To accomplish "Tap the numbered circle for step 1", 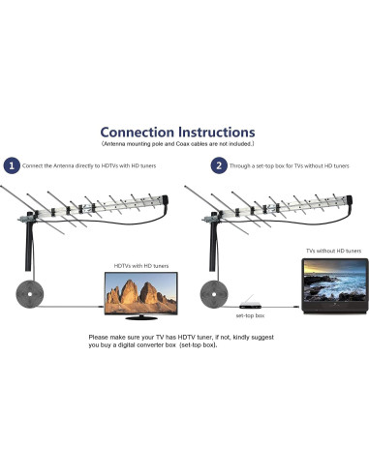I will pyautogui.click(x=13, y=165).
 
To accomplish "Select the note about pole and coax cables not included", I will pyautogui.click(x=185, y=145).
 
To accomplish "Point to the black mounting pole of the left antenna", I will pyautogui.click(x=24, y=252).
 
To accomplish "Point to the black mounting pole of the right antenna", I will pyautogui.click(x=207, y=252).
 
